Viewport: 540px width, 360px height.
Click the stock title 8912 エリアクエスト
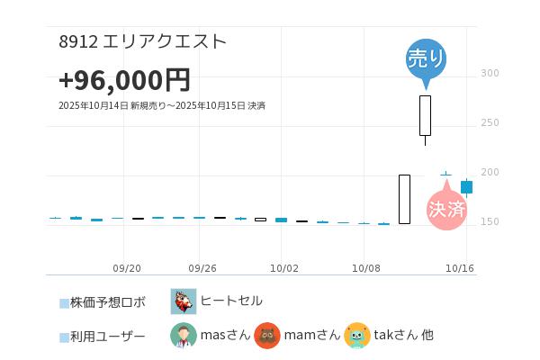pyautogui.click(x=142, y=41)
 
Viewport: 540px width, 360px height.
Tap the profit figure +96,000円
pyautogui.click(x=124, y=80)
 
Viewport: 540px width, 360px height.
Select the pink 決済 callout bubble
pyautogui.click(x=447, y=209)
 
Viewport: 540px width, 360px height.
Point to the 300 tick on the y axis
pyautogui.click(x=490, y=73)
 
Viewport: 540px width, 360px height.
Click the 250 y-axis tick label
pyautogui.click(x=490, y=122)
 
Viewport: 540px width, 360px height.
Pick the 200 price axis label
pyautogui.click(x=490, y=172)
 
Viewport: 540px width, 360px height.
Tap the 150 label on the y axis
pyautogui.click(x=490, y=221)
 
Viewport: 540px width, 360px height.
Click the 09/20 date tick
pyautogui.click(x=127, y=268)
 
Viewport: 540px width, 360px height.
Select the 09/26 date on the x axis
pyautogui.click(x=202, y=268)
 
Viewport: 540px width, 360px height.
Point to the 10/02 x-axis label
pyautogui.click(x=283, y=268)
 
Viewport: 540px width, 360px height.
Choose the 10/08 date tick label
pyautogui.click(x=366, y=268)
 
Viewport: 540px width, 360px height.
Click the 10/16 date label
pyautogui.click(x=460, y=268)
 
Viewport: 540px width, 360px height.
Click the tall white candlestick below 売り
pyautogui.click(x=425, y=115)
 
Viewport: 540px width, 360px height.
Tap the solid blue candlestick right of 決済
pyautogui.click(x=466, y=187)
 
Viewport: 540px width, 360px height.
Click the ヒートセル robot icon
pyautogui.click(x=184, y=301)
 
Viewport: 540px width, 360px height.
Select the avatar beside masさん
pyautogui.click(x=184, y=336)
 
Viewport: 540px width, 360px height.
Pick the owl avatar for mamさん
pyautogui.click(x=267, y=336)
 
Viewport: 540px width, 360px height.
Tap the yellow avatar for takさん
pyautogui.click(x=357, y=336)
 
